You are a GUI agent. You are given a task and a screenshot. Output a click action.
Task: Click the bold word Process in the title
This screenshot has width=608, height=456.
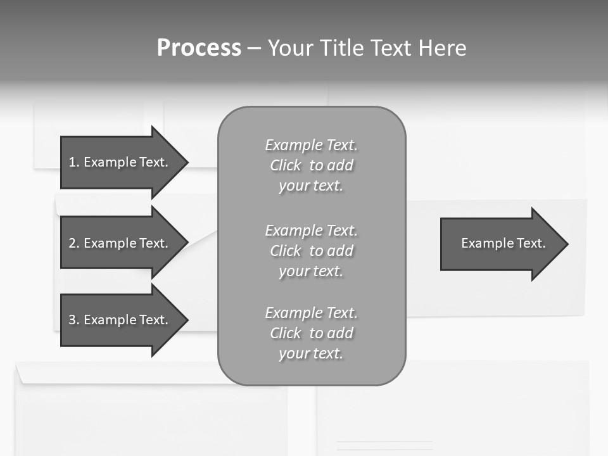click(x=199, y=48)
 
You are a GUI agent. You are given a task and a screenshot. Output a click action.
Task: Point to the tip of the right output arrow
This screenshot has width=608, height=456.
click(x=566, y=244)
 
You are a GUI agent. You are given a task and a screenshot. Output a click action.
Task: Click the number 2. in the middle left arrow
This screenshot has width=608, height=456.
click(x=74, y=243)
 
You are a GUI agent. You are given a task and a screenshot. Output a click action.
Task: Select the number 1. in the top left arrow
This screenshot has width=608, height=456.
click(x=74, y=162)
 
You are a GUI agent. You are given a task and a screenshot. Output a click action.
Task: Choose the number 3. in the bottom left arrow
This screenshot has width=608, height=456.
click(x=74, y=320)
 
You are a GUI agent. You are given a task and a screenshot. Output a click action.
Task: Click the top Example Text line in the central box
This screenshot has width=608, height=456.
click(x=311, y=145)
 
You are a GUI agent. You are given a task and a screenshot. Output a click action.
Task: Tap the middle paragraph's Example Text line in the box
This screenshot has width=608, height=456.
click(x=311, y=230)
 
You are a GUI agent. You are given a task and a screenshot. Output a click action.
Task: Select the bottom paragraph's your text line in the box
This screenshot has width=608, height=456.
click(x=311, y=353)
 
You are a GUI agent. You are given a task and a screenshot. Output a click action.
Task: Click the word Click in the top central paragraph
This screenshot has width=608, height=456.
click(x=286, y=165)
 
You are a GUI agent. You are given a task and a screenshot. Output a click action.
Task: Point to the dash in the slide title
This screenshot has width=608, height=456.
click(x=255, y=48)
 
